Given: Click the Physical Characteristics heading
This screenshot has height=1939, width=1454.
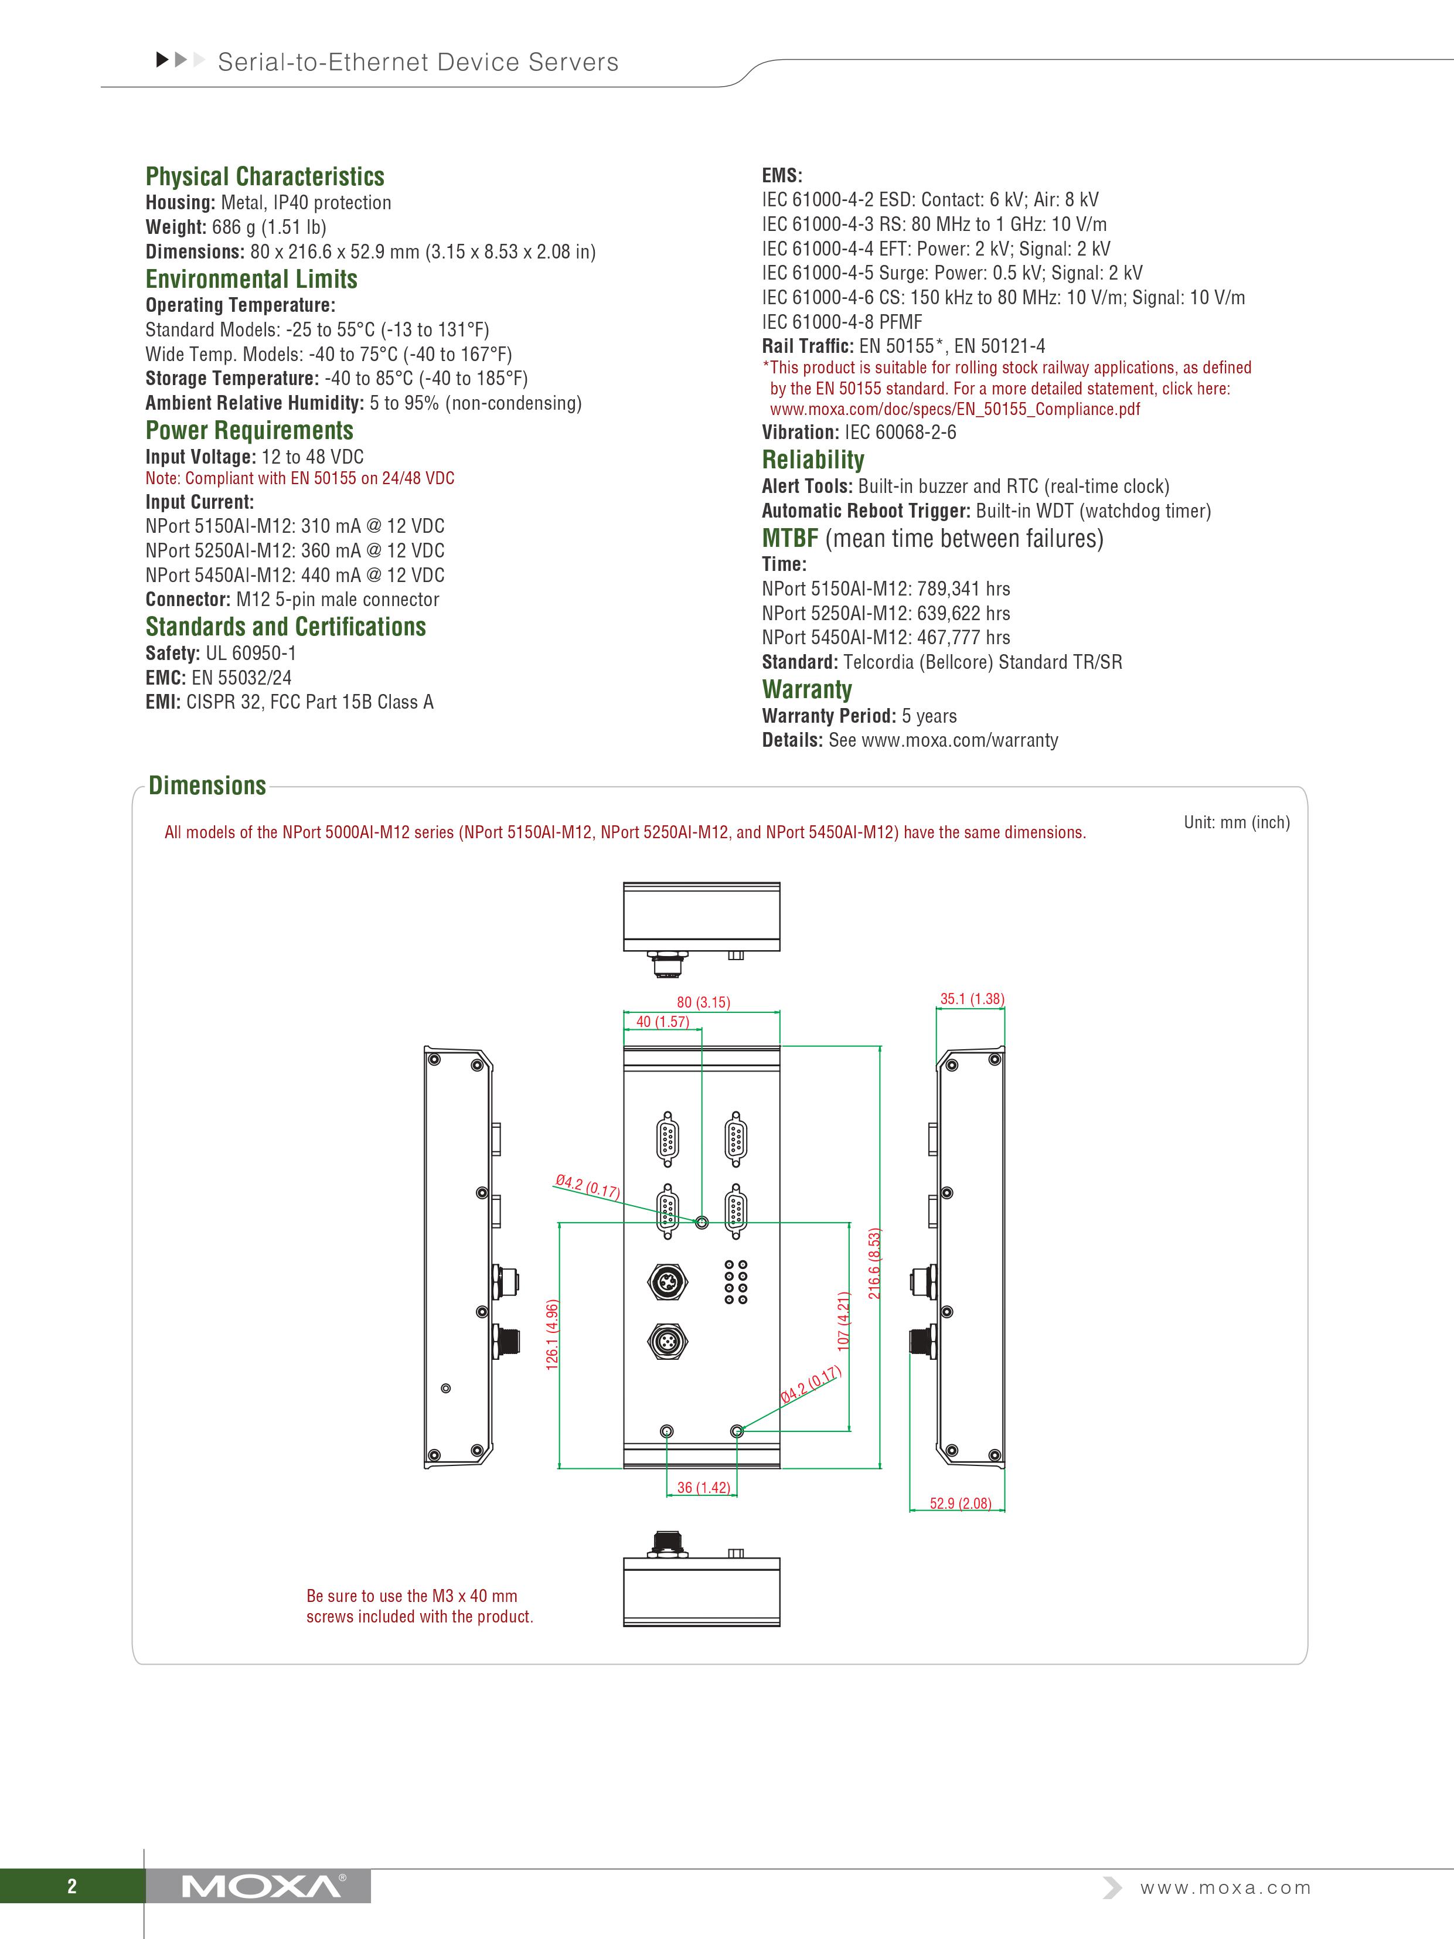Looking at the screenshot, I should click(265, 176).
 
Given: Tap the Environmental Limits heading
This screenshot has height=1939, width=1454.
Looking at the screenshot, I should click(251, 279).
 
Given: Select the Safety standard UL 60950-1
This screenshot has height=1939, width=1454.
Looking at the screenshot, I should click(251, 653).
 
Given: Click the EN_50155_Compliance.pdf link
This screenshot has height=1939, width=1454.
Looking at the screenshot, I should click(955, 409).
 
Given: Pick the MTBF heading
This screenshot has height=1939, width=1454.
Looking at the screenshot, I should click(789, 538).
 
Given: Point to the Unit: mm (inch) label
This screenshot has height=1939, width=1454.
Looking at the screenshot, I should click(1236, 822).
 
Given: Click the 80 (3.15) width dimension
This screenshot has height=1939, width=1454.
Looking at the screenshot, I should click(703, 1002).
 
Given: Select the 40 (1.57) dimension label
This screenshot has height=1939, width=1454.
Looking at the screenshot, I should click(663, 1021).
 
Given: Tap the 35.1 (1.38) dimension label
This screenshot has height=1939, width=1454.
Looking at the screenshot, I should click(972, 998).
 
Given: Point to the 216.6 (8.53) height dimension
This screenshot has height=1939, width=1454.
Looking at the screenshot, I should click(874, 1263).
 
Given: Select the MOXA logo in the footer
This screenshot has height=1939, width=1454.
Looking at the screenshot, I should click(260, 1886).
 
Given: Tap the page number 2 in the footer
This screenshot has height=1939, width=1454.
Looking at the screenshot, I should click(72, 1886).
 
